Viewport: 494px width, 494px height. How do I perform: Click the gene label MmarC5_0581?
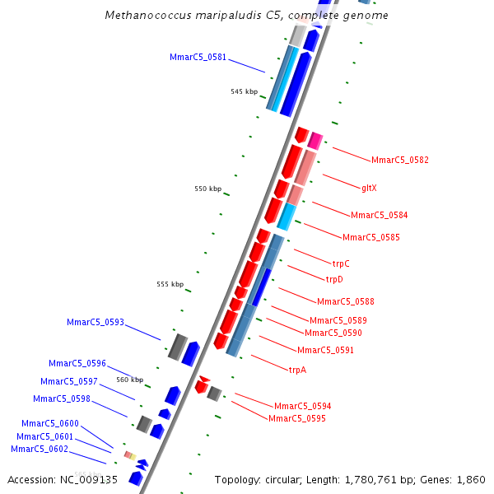[198, 57]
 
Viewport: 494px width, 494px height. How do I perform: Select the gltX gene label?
[369, 188]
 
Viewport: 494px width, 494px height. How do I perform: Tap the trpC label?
[341, 263]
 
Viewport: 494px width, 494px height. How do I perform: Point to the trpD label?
[334, 279]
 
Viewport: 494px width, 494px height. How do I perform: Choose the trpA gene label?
[297, 370]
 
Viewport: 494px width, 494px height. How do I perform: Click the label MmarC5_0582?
[399, 160]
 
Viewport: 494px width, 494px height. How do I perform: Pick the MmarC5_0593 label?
[96, 322]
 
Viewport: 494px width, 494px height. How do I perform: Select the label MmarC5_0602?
[40, 449]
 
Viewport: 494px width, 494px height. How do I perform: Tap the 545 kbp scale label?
[244, 91]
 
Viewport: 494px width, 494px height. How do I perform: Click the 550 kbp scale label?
[207, 189]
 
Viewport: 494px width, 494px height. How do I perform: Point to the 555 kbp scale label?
[170, 284]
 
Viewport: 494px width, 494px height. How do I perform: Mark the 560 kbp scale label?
[129, 380]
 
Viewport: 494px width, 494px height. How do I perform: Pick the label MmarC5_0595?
[296, 418]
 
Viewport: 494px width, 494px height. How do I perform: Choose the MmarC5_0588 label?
[345, 301]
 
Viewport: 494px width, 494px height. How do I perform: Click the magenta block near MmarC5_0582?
[315, 140]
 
